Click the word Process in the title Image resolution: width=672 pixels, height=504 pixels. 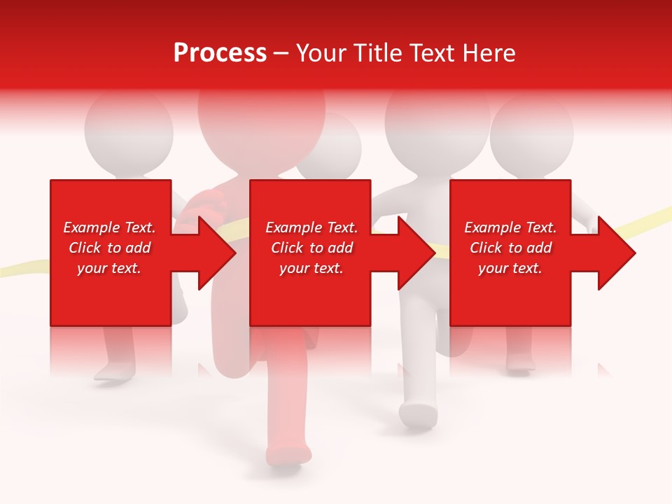point(220,53)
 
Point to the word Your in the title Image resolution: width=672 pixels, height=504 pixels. point(323,53)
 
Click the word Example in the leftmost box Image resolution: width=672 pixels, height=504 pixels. point(92,227)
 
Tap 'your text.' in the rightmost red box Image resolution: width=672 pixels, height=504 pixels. point(510,268)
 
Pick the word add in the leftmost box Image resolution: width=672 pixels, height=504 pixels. point(137,248)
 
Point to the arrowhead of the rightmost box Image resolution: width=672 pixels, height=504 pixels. point(615,253)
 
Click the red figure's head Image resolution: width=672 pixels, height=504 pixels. point(260,119)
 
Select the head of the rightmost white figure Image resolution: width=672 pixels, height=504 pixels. point(531,133)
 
